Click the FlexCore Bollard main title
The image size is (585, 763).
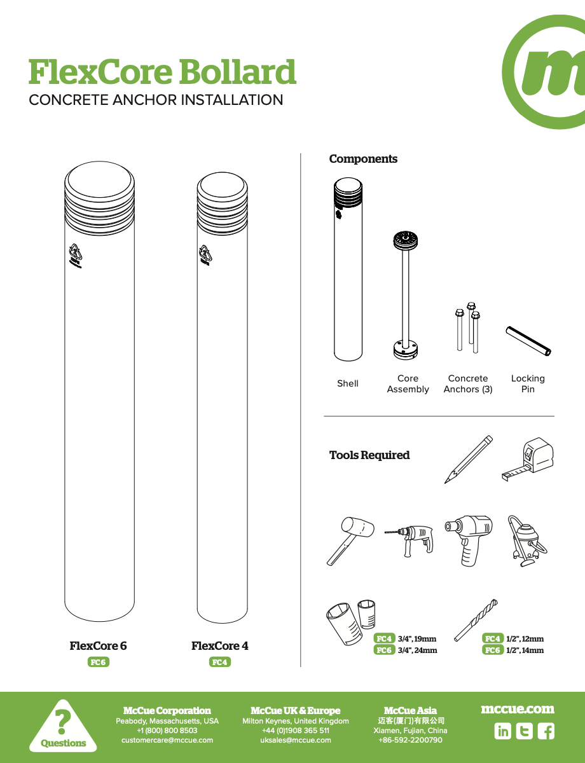pos(162,72)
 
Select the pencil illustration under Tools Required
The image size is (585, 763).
pos(469,459)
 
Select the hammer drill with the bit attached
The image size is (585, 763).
pos(410,539)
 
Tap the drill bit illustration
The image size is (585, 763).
pos(476,619)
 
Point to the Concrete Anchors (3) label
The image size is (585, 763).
pos(468,383)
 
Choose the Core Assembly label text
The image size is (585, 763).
pos(408,383)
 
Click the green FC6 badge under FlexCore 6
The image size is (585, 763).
pos(98,662)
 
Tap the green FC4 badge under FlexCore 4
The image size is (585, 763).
pos(220,662)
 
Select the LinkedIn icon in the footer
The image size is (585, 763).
pos(502,731)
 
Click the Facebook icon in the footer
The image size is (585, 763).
pos(546,731)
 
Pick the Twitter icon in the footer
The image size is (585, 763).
pos(524,731)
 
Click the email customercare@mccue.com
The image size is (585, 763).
pos(167,740)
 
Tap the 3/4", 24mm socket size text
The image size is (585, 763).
pos(417,650)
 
